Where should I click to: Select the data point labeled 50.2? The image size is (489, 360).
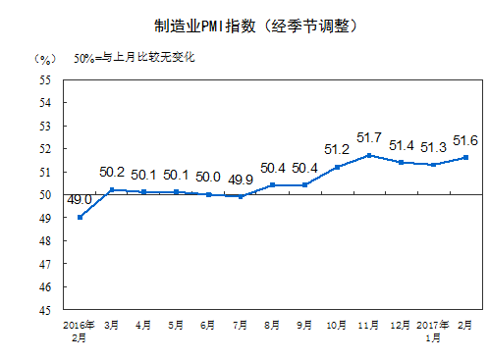click(x=112, y=189)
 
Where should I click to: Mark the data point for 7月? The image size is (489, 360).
click(x=241, y=196)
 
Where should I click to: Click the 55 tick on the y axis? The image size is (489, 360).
click(x=46, y=79)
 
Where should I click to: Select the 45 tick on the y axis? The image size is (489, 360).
click(x=46, y=310)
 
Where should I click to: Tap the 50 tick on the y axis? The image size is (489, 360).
click(x=46, y=194)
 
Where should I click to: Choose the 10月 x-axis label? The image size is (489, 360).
click(x=336, y=323)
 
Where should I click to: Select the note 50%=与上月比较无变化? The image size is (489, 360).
click(x=135, y=57)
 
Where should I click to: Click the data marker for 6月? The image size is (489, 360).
click(x=208, y=194)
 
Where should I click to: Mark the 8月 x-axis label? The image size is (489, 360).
click(x=272, y=323)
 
